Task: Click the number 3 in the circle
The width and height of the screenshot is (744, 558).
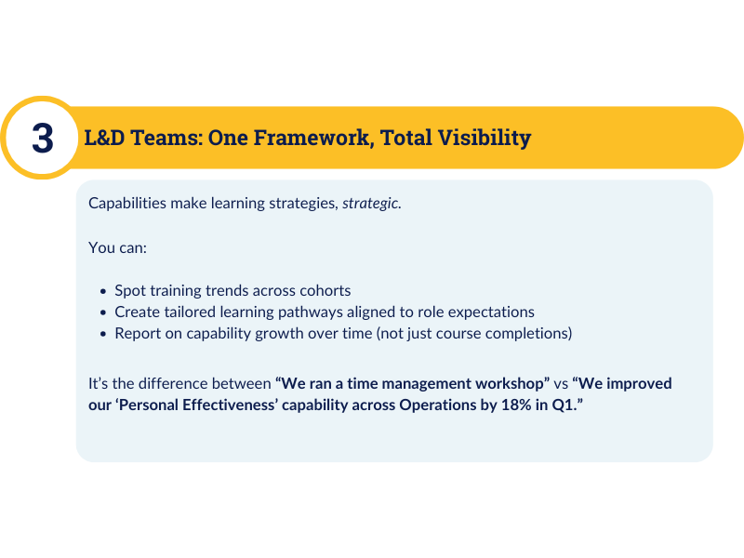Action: click(x=43, y=138)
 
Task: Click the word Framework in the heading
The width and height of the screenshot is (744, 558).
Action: click(x=312, y=138)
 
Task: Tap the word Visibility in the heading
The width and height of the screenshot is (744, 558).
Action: click(x=484, y=138)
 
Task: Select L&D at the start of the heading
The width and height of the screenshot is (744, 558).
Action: click(x=104, y=138)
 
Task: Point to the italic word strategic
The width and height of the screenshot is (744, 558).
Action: click(x=370, y=204)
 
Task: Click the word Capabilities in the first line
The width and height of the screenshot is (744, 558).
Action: click(x=127, y=203)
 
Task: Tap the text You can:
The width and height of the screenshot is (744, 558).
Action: click(x=118, y=247)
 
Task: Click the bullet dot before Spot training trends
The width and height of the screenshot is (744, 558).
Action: click(x=103, y=291)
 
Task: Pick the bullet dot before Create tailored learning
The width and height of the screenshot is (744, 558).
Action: click(x=103, y=312)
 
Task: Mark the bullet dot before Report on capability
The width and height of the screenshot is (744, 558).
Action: click(x=103, y=334)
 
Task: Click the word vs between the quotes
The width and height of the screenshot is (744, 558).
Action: click(x=561, y=384)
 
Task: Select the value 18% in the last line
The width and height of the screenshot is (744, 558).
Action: click(x=516, y=405)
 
